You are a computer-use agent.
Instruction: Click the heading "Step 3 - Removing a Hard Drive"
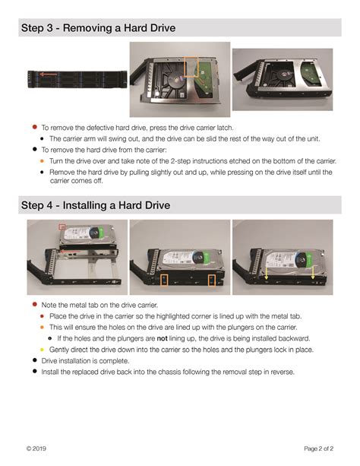point(98,28)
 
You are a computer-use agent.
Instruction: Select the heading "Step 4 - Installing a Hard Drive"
point(95,205)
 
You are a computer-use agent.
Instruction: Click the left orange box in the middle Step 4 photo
point(165,281)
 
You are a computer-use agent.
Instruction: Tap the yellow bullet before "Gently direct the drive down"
point(43,349)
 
